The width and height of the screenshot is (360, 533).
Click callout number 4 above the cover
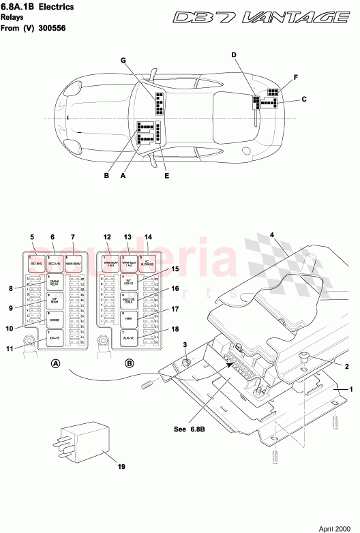(x=271, y=235)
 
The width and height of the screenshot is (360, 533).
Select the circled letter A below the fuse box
(x=56, y=364)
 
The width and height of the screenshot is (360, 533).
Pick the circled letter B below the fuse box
(x=129, y=364)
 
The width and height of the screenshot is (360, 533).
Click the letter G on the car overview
(x=123, y=60)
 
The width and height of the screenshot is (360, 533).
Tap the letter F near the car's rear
(x=296, y=78)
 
